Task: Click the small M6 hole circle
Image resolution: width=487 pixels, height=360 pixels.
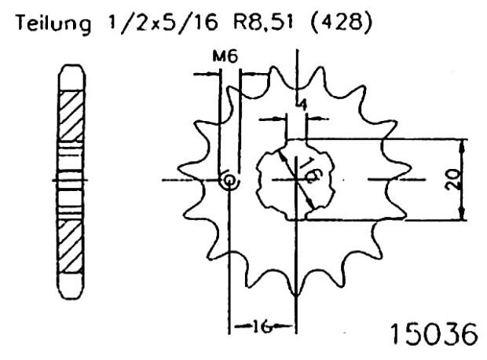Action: coord(229,181)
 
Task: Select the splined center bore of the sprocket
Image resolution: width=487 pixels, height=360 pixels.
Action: coord(297,180)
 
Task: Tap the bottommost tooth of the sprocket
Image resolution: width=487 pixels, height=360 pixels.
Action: coord(296,287)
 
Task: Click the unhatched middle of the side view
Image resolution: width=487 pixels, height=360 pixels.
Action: coord(69,180)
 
